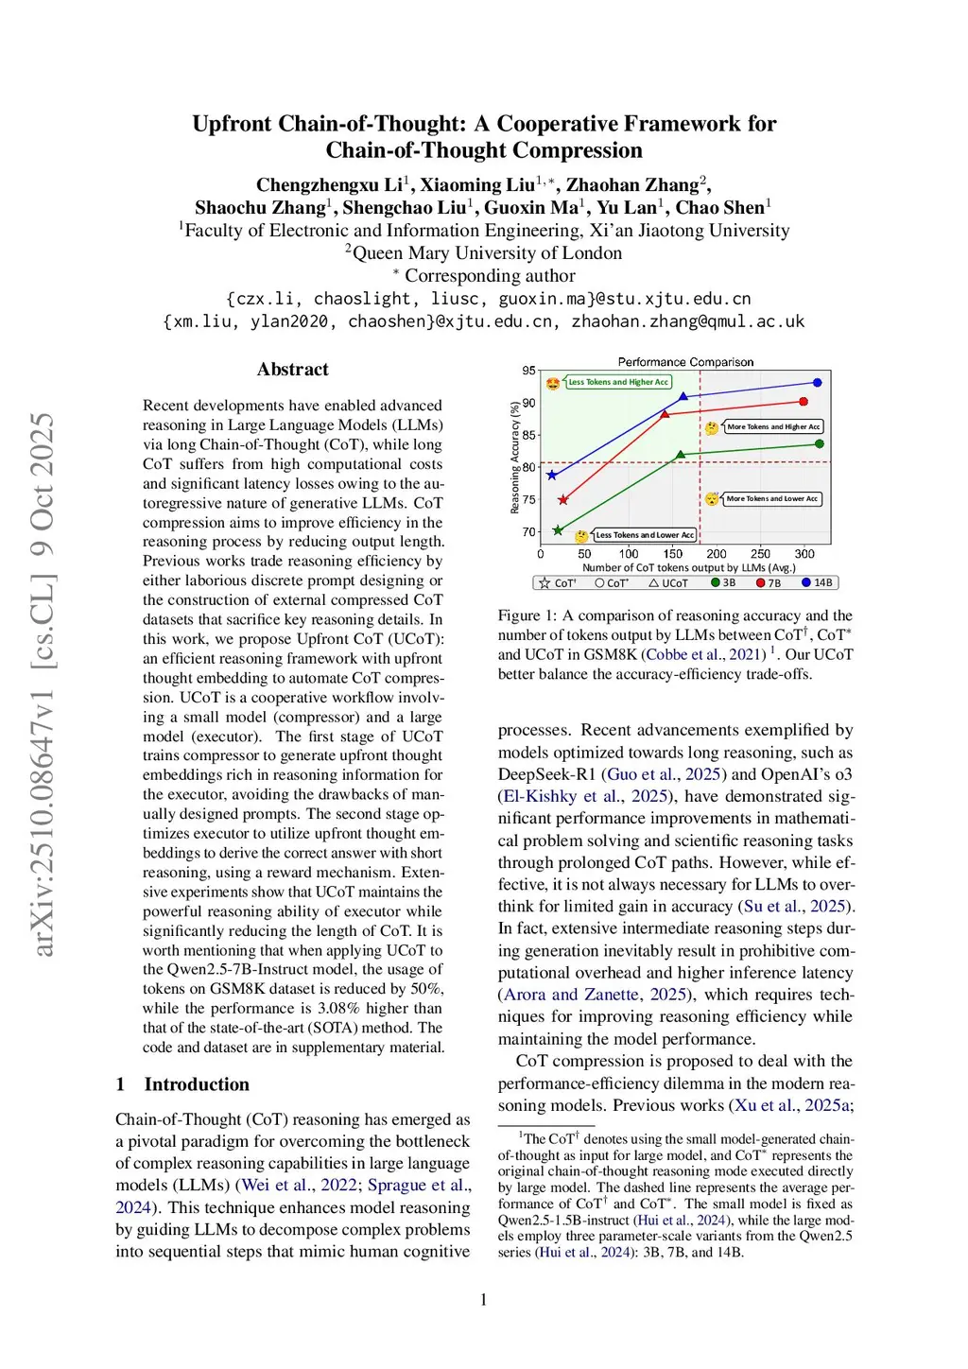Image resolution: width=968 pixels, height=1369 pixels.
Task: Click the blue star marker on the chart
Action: click(x=553, y=476)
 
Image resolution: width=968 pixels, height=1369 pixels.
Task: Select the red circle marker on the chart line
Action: click(x=804, y=402)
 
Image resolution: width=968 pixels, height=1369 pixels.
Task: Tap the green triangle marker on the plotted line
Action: click(x=681, y=456)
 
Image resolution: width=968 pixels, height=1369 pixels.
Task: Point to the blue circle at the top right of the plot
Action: click(x=818, y=383)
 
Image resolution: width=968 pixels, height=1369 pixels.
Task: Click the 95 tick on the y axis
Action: click(x=528, y=371)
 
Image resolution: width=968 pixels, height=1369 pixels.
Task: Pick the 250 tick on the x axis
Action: click(x=760, y=554)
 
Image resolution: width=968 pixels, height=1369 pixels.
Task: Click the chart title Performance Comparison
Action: click(x=685, y=362)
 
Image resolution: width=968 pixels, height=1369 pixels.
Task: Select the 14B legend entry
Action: click(x=818, y=583)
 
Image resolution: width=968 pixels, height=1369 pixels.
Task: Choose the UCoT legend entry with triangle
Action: click(x=668, y=583)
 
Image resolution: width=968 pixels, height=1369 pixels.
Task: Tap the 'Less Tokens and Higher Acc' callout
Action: click(x=618, y=382)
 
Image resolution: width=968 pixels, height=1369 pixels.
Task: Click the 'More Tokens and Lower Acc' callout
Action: click(x=771, y=498)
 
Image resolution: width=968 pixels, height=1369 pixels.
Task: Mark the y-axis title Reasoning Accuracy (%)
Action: click(x=515, y=458)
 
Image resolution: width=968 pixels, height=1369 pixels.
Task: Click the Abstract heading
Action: click(x=292, y=370)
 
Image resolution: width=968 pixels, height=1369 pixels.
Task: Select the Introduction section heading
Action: click(x=197, y=1084)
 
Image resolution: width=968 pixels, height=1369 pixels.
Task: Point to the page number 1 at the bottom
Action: click(x=484, y=1300)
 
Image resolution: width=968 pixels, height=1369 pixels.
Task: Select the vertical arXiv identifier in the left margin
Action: click(x=43, y=684)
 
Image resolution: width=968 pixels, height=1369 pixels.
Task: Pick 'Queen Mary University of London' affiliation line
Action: click(x=484, y=253)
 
